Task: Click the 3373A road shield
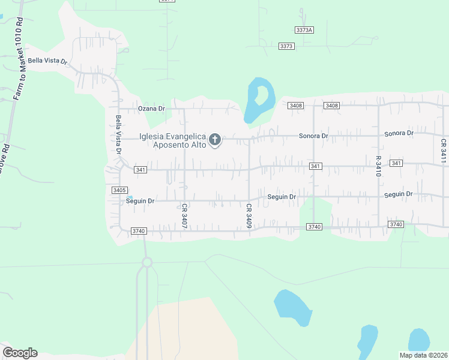point(305,29)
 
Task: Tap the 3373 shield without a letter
point(286,46)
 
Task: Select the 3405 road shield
point(119,190)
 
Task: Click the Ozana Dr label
point(151,109)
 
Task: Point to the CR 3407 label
point(185,215)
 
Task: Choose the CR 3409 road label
point(248,215)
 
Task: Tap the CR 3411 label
point(443,151)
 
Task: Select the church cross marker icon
point(215,140)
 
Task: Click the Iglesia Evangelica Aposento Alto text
point(173,140)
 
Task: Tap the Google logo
point(20,352)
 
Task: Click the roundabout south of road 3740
point(147,262)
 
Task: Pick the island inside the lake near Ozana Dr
point(261,94)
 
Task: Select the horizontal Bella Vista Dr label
point(47,61)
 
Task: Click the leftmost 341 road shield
point(140,170)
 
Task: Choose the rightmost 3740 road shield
point(395,224)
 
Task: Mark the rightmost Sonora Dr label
point(399,133)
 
